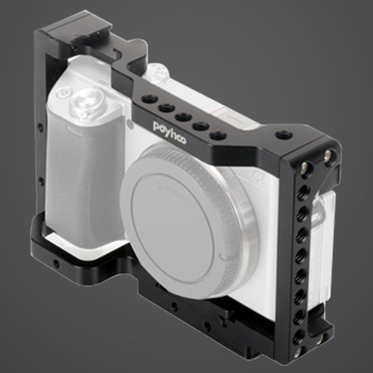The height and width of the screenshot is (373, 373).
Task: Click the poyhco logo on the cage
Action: (169, 132)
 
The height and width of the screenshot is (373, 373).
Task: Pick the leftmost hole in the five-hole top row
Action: (149, 99)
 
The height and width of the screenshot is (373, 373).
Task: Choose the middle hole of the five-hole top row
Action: (184, 117)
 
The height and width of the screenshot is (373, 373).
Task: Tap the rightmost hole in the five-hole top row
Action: (218, 135)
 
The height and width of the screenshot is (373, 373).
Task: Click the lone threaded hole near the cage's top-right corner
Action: (285, 135)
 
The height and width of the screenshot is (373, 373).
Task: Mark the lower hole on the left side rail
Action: (41, 182)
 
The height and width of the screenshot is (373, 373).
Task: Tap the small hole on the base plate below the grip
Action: (56, 264)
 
